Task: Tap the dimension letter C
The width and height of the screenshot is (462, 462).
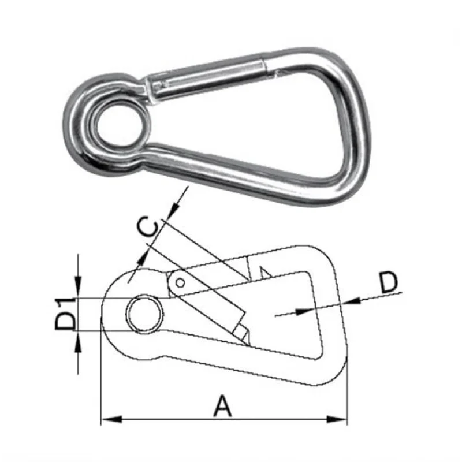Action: pos(148,227)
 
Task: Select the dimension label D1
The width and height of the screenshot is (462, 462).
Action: pos(65,314)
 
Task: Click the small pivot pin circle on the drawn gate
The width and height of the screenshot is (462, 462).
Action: pos(180,282)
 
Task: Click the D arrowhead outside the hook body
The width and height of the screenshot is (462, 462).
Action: pos(352,300)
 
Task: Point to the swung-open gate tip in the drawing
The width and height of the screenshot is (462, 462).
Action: pos(243,335)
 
